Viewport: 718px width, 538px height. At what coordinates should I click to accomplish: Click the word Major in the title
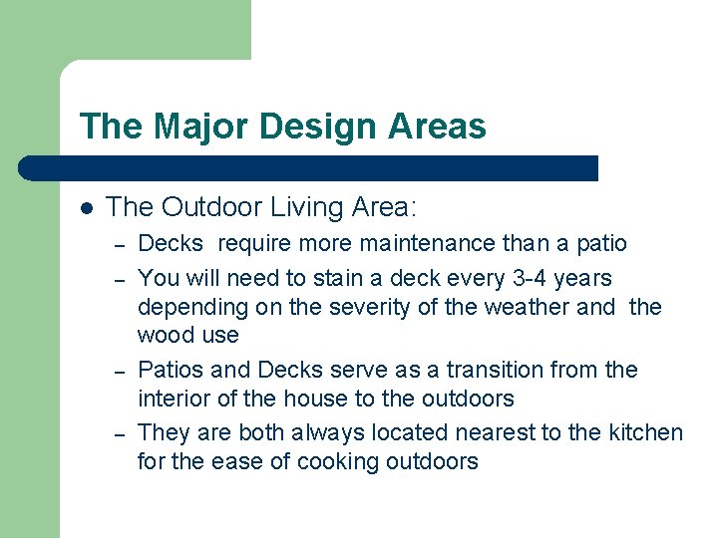[189, 127]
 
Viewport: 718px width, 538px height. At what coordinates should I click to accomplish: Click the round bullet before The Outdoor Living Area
[86, 208]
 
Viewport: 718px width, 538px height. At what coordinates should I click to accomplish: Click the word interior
[172, 399]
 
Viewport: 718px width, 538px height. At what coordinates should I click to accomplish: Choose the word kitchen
[646, 432]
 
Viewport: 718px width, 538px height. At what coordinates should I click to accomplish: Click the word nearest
[492, 432]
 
